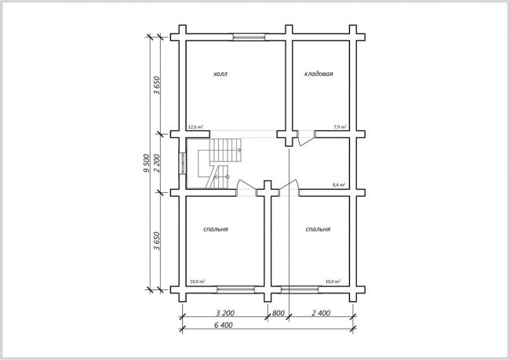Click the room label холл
[220, 75]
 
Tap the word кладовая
[319, 74]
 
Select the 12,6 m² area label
[196, 127]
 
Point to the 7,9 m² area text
[340, 127]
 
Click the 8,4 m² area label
[339, 185]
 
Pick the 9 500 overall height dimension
[147, 163]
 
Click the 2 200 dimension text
[156, 163]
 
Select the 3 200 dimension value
[225, 313]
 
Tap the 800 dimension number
[278, 313]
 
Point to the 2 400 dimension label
[321, 313]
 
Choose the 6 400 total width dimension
[223, 325]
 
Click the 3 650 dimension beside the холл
[157, 85]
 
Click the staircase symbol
[220, 163]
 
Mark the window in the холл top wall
[250, 37]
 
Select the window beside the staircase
[183, 163]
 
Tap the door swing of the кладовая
[306, 138]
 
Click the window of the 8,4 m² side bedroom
[300, 289]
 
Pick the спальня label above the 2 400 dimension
[318, 229]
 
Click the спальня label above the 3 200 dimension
[216, 229]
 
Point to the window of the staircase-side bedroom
[236, 289]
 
